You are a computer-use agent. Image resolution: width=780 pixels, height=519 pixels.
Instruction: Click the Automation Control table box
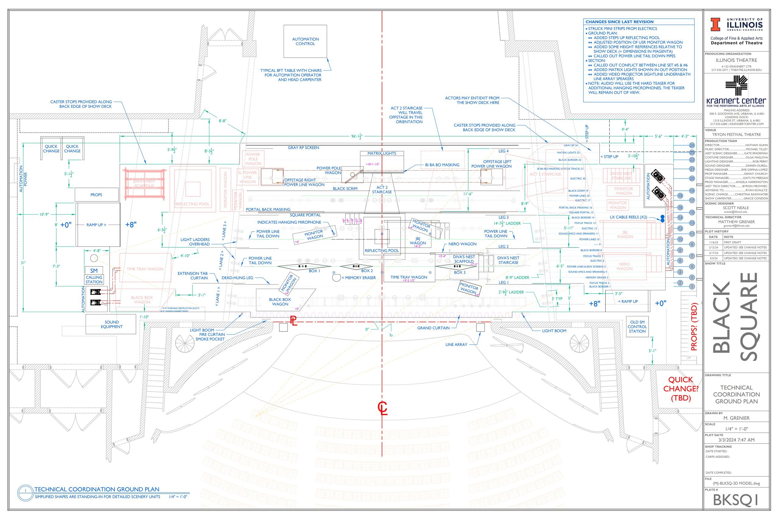pyautogui.click(x=305, y=41)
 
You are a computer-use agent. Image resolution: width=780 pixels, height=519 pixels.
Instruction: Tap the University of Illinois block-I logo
pyautogui.click(x=715, y=24)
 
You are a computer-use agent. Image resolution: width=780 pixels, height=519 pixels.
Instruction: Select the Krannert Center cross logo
pyautogui.click(x=736, y=85)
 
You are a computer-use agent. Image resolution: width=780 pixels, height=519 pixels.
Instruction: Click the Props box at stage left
pyautogui.click(x=96, y=195)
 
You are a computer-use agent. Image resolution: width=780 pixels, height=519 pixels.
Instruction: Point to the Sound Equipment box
pyautogui.click(x=111, y=324)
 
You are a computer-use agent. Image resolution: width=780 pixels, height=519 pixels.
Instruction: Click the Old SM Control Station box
pyautogui.click(x=637, y=326)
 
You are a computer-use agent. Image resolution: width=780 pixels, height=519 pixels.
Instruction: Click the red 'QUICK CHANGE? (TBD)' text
pyautogui.click(x=681, y=389)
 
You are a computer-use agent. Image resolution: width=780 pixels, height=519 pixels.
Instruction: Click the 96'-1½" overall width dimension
pyautogui.click(x=357, y=136)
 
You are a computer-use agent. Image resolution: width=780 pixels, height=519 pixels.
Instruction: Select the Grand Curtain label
pyautogui.click(x=433, y=328)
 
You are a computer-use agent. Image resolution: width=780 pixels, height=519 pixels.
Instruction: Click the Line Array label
pyautogui.click(x=456, y=345)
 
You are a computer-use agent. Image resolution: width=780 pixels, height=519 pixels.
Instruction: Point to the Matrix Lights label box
pyautogui.click(x=381, y=153)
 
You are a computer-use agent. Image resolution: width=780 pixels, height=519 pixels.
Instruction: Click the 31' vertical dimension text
pyautogui.click(x=23, y=263)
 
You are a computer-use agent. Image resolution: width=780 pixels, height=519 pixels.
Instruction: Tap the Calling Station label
pyautogui.click(x=94, y=280)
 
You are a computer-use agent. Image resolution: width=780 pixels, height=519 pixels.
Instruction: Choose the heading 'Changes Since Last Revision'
pyautogui.click(x=619, y=22)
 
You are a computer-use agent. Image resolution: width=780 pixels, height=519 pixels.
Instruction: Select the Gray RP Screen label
pyautogui.click(x=303, y=148)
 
